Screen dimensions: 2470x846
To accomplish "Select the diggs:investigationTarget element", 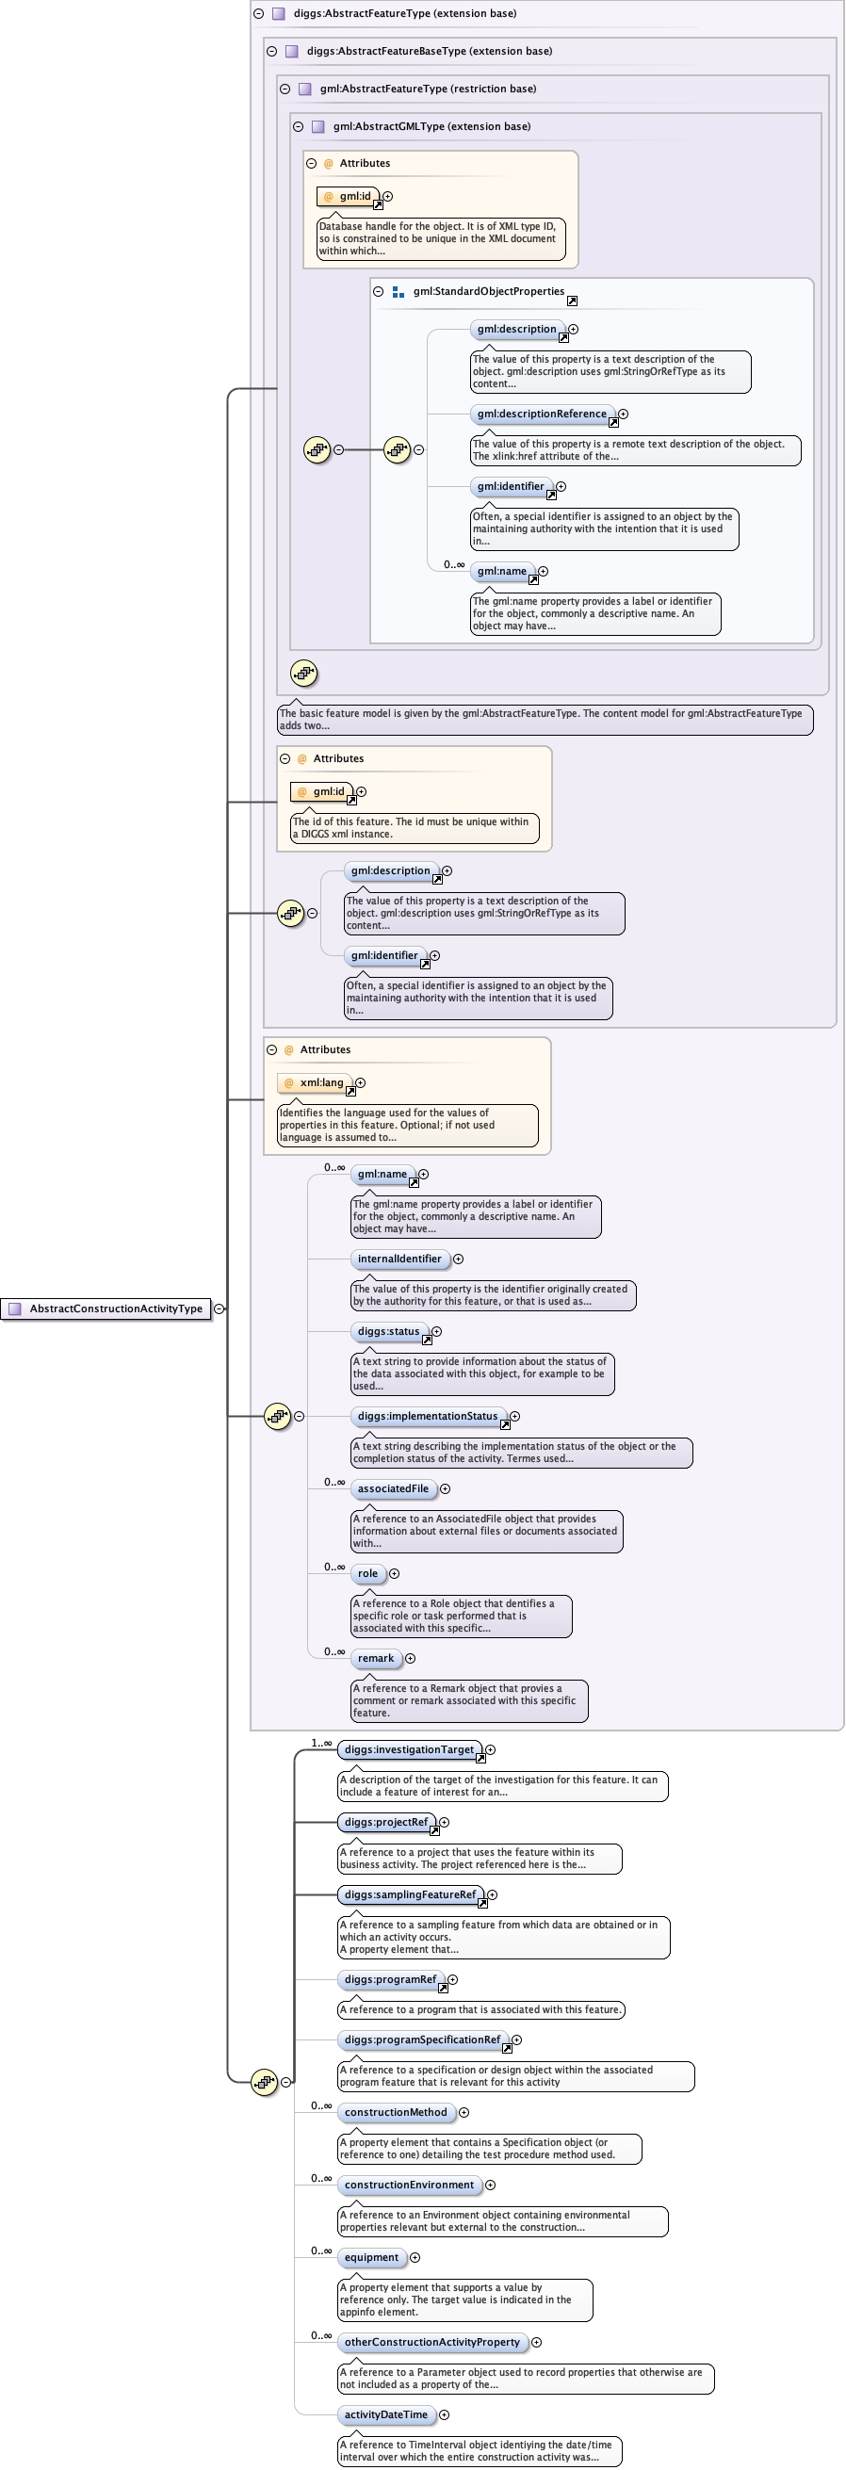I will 409,1749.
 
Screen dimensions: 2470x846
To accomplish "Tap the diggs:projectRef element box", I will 385,1822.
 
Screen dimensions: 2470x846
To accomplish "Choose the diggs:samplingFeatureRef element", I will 410,1894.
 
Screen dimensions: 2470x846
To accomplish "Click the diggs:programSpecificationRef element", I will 422,2039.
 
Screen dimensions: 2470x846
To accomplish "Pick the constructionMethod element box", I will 395,2112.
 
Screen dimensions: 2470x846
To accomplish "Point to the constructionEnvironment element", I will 409,2185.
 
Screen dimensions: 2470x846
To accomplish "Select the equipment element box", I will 371,2257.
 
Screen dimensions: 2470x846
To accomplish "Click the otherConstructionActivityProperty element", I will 431,2342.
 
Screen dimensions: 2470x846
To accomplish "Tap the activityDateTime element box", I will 385,2414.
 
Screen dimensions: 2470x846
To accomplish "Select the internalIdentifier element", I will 399,1259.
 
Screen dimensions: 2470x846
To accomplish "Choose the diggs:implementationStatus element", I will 427,1416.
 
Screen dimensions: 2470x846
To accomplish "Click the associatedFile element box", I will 392,1489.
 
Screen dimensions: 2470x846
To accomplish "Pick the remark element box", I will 375,1658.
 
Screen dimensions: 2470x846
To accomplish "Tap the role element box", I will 367,1573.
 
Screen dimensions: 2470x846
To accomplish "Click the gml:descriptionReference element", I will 541,414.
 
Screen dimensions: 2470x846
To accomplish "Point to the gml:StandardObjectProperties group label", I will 488,291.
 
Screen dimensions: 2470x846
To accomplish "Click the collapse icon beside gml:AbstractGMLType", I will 298,126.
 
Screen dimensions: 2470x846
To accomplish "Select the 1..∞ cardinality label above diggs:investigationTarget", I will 321,1743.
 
